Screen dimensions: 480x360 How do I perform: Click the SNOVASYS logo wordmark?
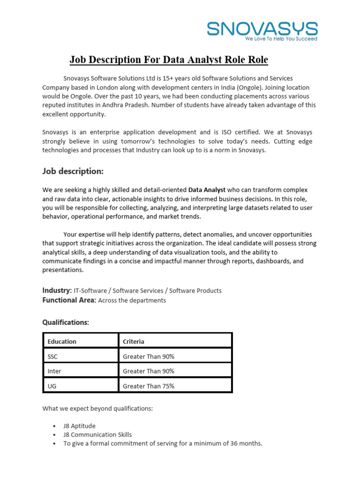pos(262,29)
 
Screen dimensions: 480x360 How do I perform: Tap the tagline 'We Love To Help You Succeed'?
pos(281,39)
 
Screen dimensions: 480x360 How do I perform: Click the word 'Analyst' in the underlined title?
pos(209,60)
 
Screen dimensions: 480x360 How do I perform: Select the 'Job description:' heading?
pos(73,171)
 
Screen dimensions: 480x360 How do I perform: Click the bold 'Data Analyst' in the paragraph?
pos(207,190)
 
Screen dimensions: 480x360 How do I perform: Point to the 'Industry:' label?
pos(57,291)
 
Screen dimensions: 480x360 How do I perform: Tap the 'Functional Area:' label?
pos(69,300)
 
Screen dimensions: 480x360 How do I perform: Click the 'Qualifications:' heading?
pos(66,322)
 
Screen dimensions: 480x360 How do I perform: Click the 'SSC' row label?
pos(52,356)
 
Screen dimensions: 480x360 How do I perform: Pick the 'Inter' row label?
pos(54,371)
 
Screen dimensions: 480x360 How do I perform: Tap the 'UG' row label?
pos(52,386)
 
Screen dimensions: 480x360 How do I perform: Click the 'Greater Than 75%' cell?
pos(149,386)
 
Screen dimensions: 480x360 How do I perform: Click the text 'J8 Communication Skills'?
pos(97,435)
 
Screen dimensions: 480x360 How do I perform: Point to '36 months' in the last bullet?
pos(247,443)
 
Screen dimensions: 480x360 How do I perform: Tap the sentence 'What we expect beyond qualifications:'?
pos(97,408)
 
